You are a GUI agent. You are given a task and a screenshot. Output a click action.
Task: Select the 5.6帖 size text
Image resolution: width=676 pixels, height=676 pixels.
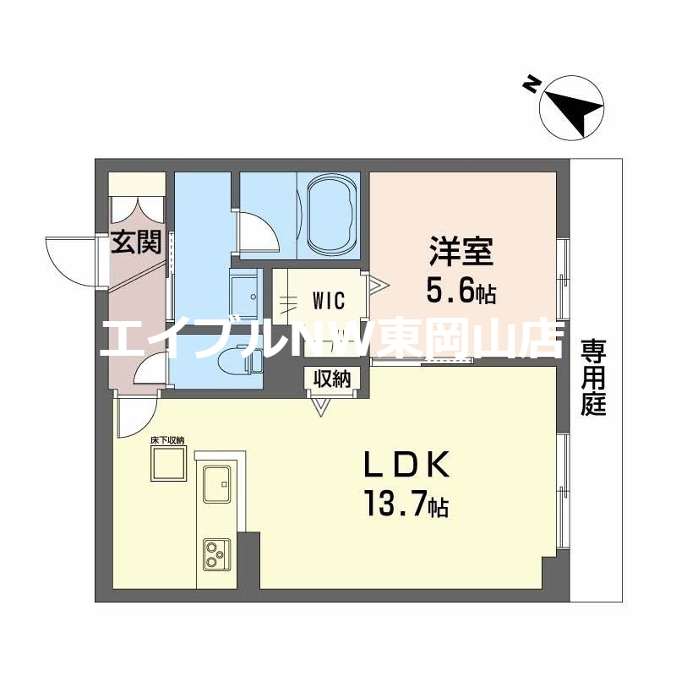point(461,293)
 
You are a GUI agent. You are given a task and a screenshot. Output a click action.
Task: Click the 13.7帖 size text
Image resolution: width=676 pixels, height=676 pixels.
point(406,507)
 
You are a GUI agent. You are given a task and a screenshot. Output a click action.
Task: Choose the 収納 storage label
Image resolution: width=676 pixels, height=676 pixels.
point(333,379)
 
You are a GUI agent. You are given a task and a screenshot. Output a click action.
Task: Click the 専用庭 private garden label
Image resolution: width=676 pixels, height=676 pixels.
point(594,377)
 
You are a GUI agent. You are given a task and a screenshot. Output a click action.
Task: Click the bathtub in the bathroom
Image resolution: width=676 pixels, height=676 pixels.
point(330,215)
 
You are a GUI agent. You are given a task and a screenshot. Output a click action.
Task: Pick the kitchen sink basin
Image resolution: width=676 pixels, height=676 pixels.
point(220,485)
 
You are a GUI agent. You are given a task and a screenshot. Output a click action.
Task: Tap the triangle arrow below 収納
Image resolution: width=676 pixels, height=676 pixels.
point(320,406)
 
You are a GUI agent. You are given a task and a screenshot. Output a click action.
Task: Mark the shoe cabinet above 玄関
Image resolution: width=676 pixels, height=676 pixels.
point(136,185)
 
